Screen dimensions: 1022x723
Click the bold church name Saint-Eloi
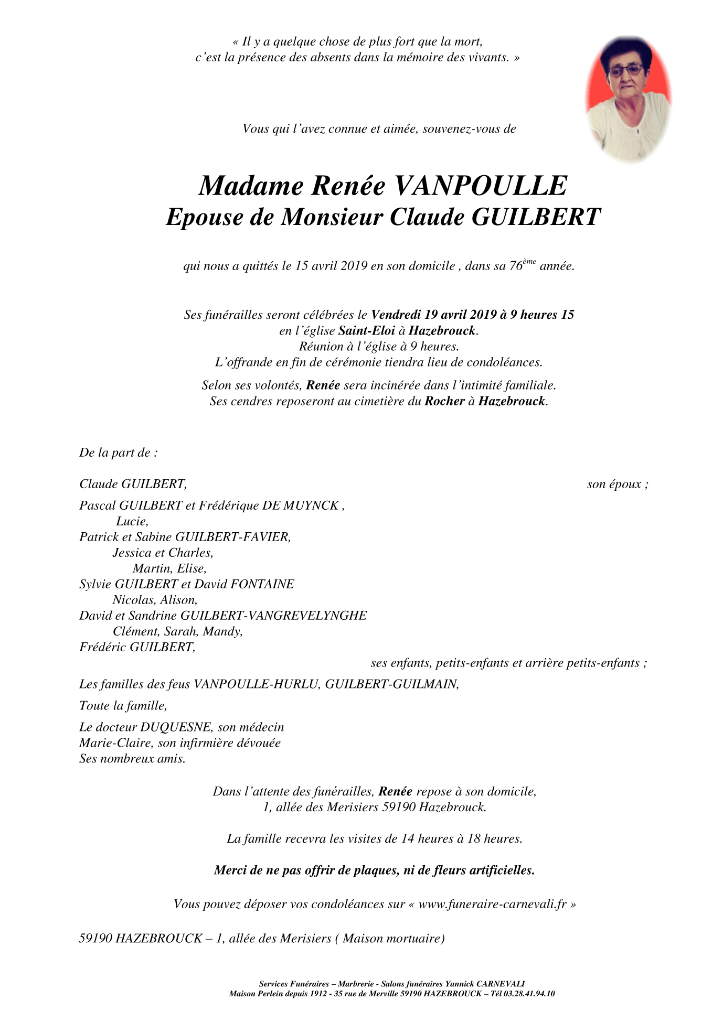click(x=366, y=331)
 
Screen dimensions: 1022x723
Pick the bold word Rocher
click(x=444, y=402)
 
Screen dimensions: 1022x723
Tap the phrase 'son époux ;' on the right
click(x=618, y=484)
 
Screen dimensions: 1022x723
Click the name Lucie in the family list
click(x=132, y=521)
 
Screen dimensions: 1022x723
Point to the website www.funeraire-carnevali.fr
click(x=493, y=905)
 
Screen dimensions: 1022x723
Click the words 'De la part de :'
click(x=118, y=453)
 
